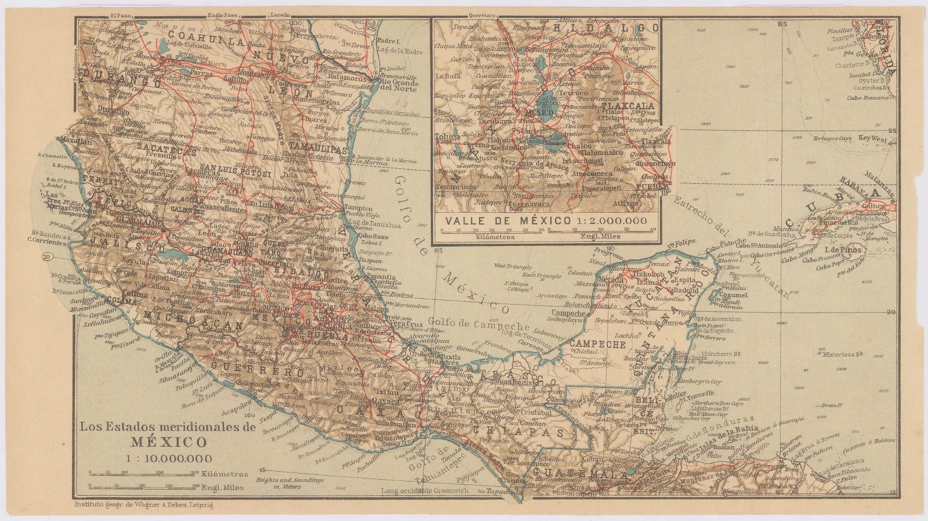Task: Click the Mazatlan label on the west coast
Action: click(x=72, y=141)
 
